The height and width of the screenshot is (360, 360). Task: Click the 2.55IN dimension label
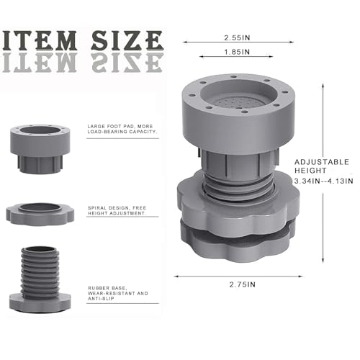point(237,37)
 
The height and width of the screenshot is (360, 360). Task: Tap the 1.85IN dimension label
point(237,52)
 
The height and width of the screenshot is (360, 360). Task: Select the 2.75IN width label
point(243,284)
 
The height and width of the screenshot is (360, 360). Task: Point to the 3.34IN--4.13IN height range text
point(324,181)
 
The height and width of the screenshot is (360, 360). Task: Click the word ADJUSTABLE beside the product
point(322,162)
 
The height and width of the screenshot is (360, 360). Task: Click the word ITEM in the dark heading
point(40,41)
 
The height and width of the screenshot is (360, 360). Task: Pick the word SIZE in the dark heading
point(127,41)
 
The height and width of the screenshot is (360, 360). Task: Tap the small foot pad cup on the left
point(40,149)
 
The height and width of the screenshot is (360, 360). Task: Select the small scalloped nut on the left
point(40,215)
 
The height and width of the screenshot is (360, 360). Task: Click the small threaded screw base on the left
point(40,279)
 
